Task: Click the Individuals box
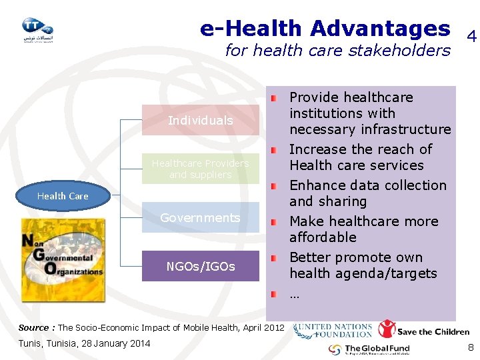pyautogui.click(x=200, y=121)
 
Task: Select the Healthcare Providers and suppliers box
pyautogui.click(x=200, y=169)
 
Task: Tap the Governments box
pyautogui.click(x=200, y=218)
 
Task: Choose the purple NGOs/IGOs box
pyautogui.click(x=200, y=266)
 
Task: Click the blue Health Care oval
pyautogui.click(x=63, y=196)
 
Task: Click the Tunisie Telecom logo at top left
pyautogui.click(x=37, y=29)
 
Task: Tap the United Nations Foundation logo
pyautogui.click(x=333, y=331)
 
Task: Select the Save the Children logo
pyautogui.click(x=424, y=330)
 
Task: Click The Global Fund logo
pyautogui.click(x=369, y=349)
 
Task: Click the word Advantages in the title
pyautogui.click(x=380, y=29)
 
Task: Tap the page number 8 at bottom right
pyautogui.click(x=471, y=347)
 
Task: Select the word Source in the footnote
pyautogui.click(x=33, y=328)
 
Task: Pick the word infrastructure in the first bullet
pyautogui.click(x=411, y=129)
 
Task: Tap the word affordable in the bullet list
pyautogui.click(x=323, y=237)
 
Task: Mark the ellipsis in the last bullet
pyautogui.click(x=294, y=293)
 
